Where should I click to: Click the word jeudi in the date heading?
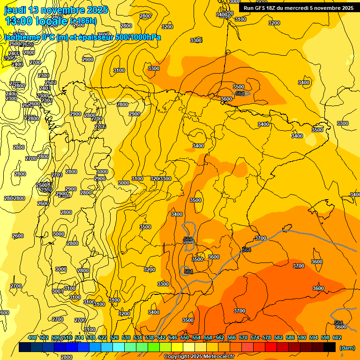coord(15,10)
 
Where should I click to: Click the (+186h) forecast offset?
coord(83,21)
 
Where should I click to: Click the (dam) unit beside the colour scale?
coord(347,348)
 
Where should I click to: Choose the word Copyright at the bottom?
coord(177,357)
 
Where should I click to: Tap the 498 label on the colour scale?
coord(32,337)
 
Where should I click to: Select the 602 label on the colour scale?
coord(337,337)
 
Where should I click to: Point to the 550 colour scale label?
coord(185,337)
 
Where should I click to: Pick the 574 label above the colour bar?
coord(255,337)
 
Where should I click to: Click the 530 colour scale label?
coord(126,337)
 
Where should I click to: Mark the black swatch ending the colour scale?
coord(330,347)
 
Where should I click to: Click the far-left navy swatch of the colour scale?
coord(25,347)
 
